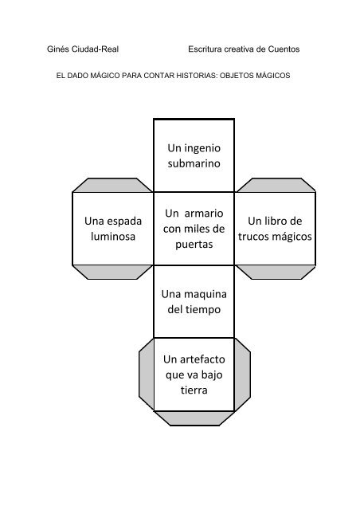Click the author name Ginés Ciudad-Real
83,49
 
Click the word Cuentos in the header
284,49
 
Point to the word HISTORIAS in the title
196,76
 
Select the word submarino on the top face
194,163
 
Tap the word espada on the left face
124,222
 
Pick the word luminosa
113,237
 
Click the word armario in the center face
204,214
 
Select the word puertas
194,245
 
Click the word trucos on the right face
253,237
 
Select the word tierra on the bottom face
194,390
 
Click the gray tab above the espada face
112,185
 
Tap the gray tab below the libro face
276,273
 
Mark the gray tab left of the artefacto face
146,374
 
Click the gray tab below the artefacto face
194,418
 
